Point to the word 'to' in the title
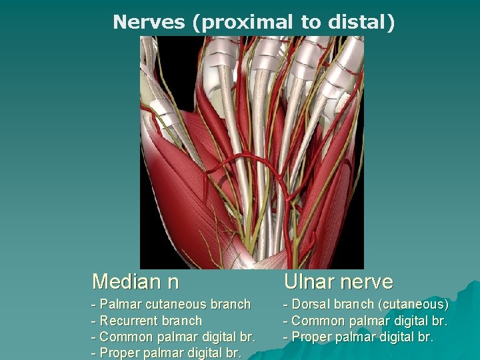310,22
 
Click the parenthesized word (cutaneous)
413,305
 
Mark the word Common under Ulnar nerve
317,321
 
